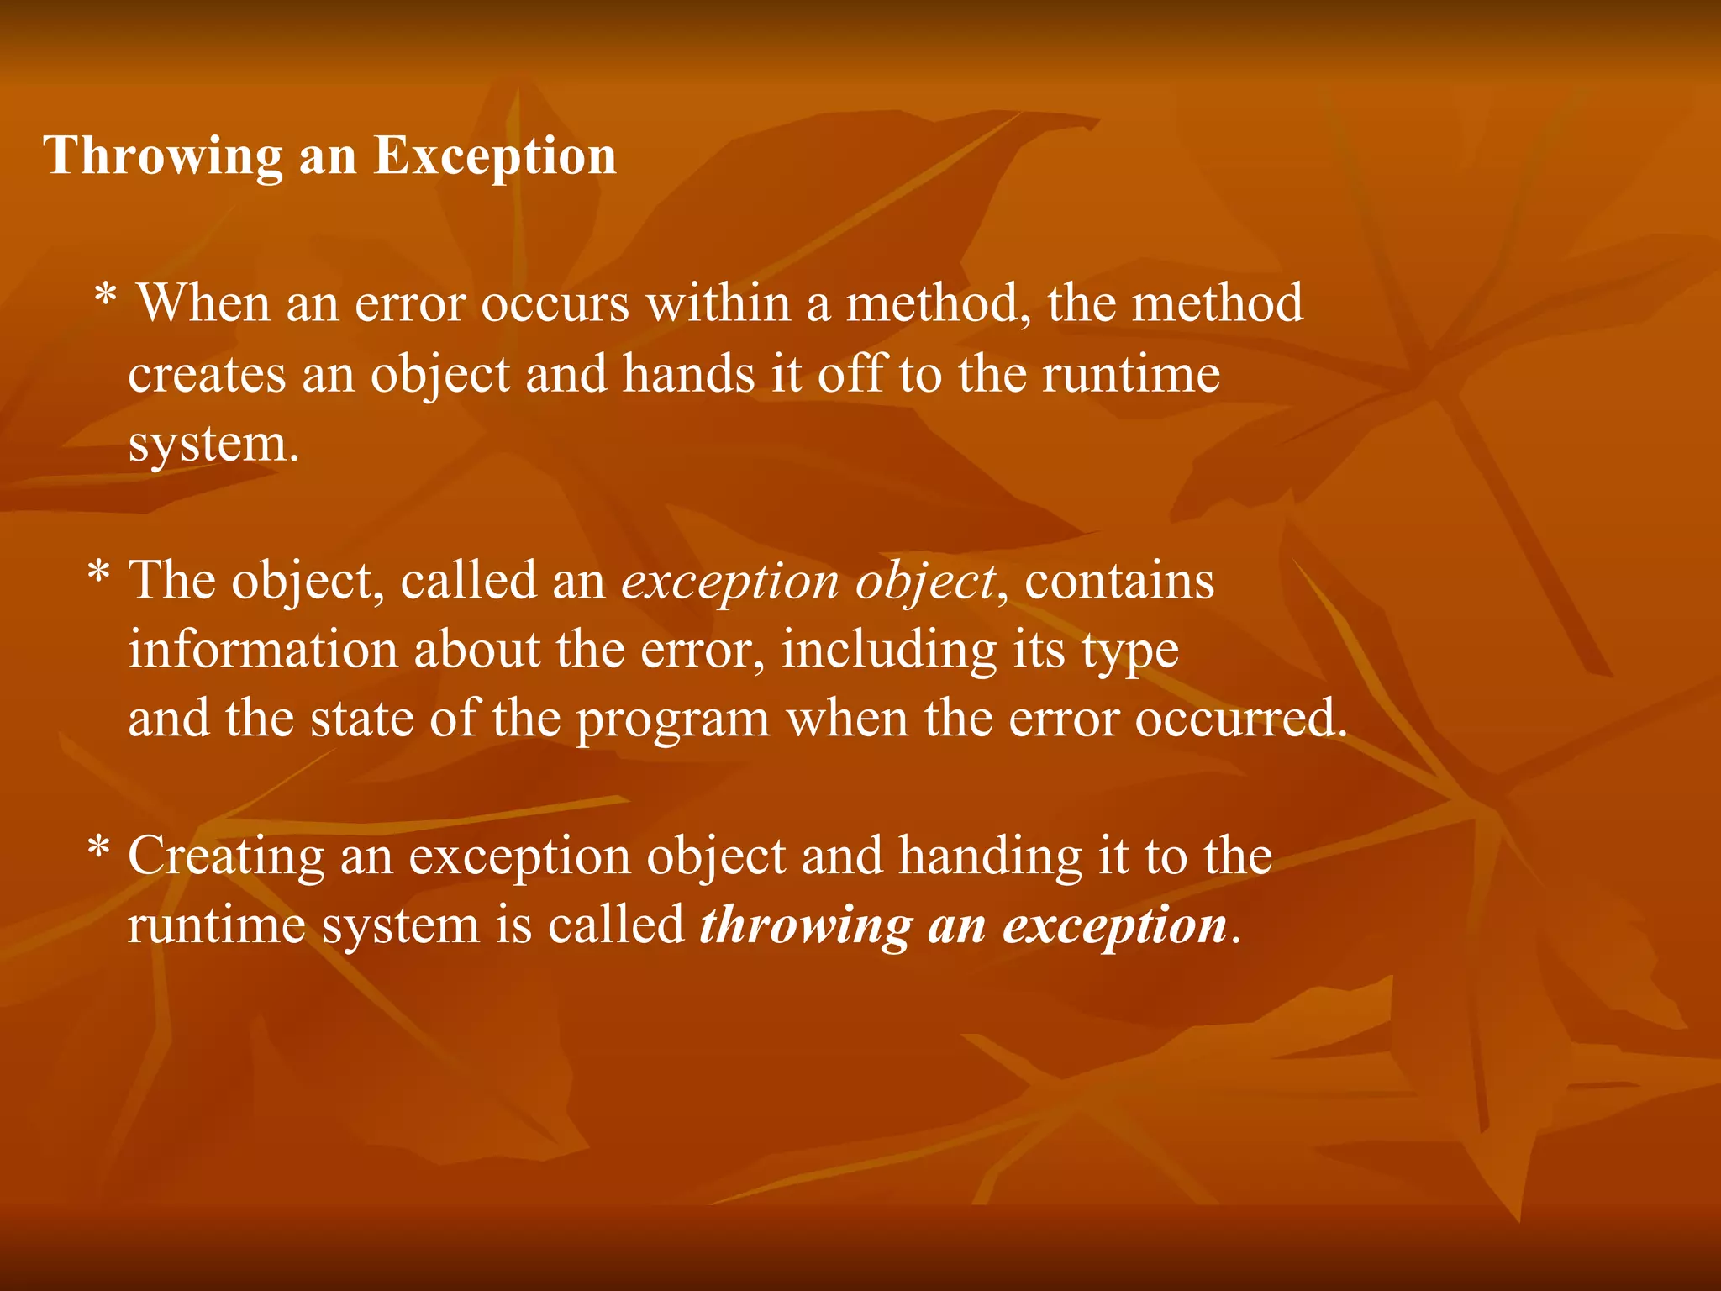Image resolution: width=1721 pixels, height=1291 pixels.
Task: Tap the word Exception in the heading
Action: [x=495, y=157]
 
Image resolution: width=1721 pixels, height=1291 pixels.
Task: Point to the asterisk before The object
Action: [x=98, y=576]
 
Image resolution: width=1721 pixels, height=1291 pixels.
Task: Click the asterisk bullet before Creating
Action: [x=98, y=851]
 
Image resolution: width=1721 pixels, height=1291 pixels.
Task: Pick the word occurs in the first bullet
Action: [x=555, y=303]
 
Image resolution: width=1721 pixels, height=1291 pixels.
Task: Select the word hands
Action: [x=688, y=374]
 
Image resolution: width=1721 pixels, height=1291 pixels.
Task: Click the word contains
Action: [x=1119, y=581]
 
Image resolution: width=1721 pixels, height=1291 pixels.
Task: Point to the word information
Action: [x=263, y=651]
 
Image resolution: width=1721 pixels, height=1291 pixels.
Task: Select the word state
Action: [x=362, y=719]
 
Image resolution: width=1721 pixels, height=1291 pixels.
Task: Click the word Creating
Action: [x=226, y=858]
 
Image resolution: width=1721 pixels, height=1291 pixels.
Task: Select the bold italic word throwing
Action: [x=806, y=927]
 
